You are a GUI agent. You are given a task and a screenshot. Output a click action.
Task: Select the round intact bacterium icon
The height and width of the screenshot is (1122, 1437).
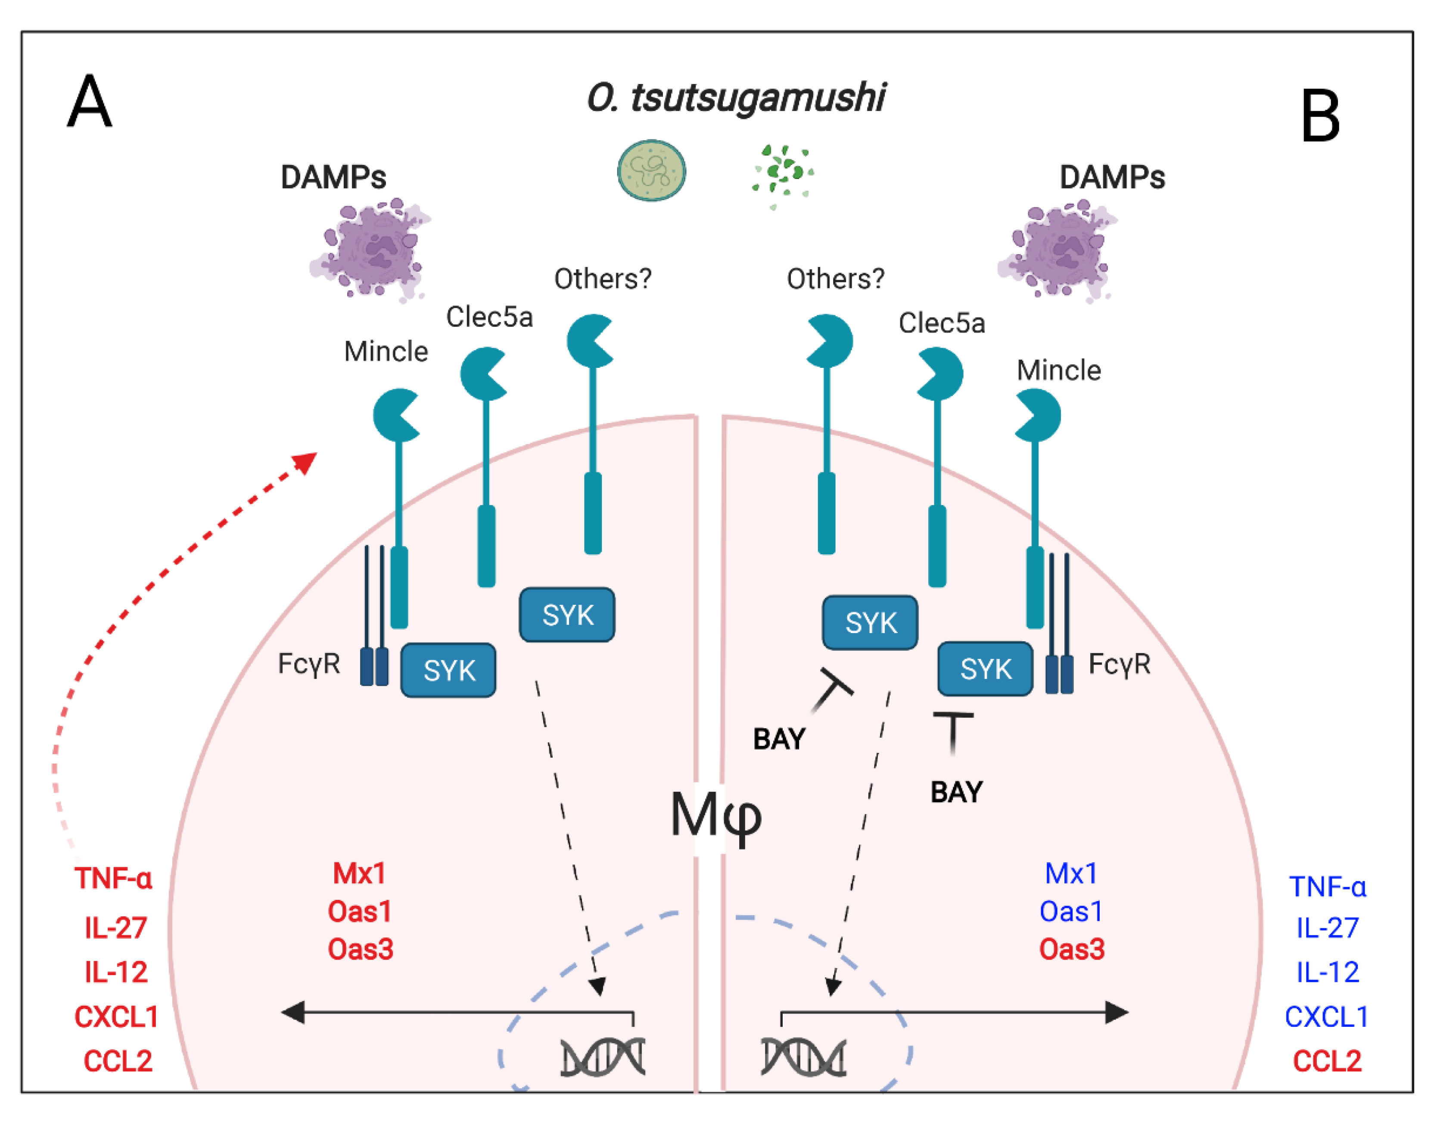tap(651, 171)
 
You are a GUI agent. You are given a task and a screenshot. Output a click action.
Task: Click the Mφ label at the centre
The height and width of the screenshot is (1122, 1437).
tap(716, 816)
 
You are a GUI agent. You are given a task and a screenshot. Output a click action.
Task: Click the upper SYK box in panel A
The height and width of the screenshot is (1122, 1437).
tap(567, 615)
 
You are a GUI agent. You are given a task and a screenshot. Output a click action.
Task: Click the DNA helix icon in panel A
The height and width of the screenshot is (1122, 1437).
tap(602, 1057)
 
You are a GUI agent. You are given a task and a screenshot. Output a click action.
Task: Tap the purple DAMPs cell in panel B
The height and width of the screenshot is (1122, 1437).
tap(1056, 251)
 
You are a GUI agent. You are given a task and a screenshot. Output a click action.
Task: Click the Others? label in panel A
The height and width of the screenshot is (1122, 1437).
tap(602, 279)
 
